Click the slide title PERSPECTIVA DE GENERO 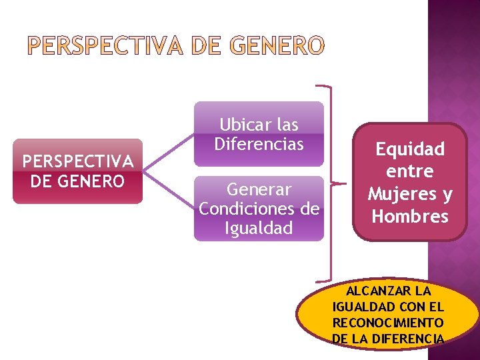click(176, 46)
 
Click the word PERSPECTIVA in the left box click(78, 162)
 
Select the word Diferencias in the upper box click(259, 143)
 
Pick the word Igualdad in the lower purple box click(259, 228)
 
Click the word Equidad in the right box click(409, 149)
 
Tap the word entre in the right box click(409, 171)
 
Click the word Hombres click(409, 217)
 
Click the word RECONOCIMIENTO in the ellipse click(389, 322)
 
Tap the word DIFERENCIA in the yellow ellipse click(407, 338)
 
